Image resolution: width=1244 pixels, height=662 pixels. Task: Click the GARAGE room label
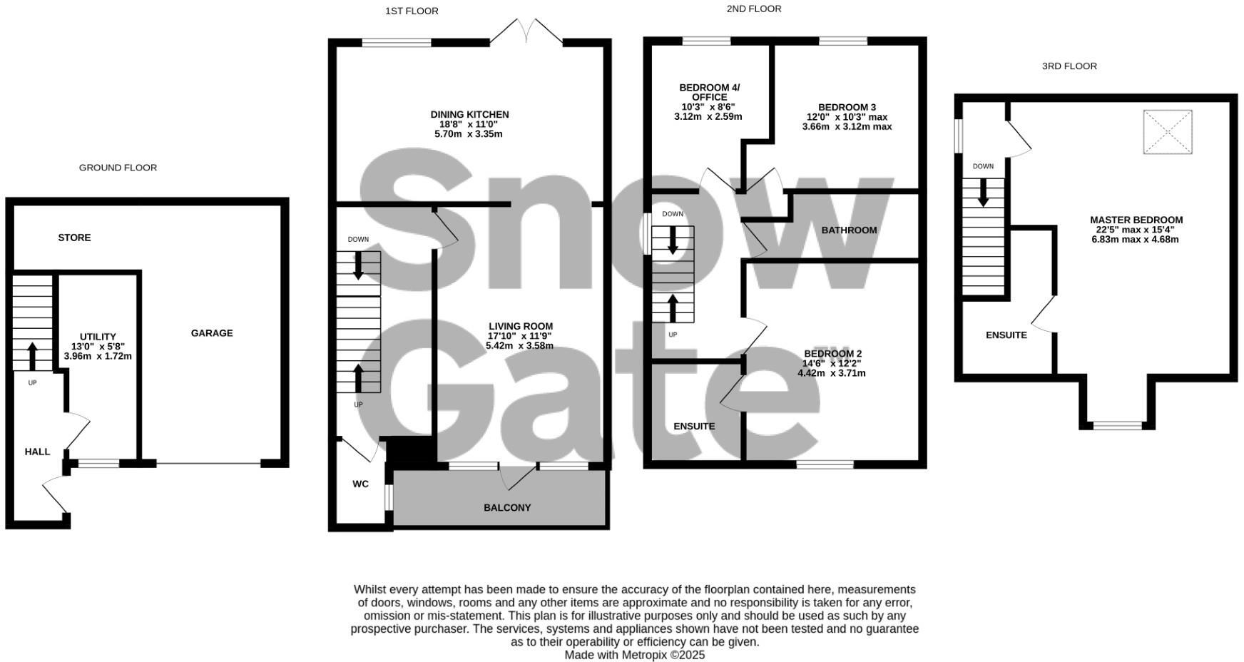(212, 333)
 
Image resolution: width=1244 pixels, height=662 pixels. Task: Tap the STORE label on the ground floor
(74, 238)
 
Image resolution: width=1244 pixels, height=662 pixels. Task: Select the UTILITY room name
(98, 337)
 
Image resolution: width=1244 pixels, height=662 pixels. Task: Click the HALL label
(37, 452)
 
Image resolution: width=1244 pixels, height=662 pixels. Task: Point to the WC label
(360, 484)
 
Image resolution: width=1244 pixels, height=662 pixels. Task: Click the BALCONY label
(507, 508)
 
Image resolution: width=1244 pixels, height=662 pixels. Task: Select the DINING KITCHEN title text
(469, 114)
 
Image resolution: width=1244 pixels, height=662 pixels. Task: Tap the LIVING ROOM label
(520, 326)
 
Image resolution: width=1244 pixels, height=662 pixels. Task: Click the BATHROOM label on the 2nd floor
(849, 230)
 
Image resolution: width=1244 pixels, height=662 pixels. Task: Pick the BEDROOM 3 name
(847, 107)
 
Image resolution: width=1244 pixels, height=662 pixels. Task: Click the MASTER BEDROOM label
(1136, 220)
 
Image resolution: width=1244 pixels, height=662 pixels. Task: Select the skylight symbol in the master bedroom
(1168, 132)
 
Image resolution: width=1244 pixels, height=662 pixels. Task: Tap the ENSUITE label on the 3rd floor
(1006, 335)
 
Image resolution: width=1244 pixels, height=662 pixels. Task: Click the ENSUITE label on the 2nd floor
(694, 427)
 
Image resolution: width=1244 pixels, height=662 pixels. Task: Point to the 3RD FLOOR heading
(1069, 66)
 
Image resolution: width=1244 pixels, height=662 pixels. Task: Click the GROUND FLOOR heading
(118, 168)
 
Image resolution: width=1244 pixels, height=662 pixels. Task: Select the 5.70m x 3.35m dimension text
(468, 134)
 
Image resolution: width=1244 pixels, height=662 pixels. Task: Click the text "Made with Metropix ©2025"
(634, 655)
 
